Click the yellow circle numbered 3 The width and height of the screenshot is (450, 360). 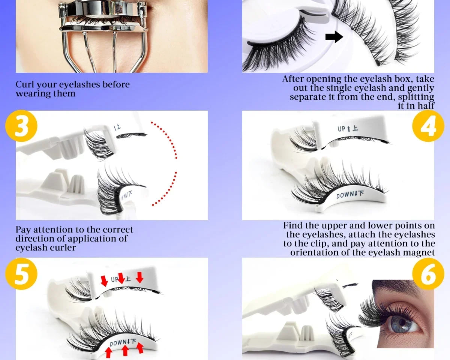pyautogui.click(x=21, y=126)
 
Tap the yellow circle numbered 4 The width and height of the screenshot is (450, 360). pyautogui.click(x=428, y=126)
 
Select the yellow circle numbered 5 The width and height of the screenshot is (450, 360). pyautogui.click(x=21, y=274)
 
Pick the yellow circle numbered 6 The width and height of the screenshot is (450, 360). pyautogui.click(x=428, y=274)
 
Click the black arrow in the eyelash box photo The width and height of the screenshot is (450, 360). pyautogui.click(x=334, y=37)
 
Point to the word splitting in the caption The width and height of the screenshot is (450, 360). pyautogui.click(x=416, y=97)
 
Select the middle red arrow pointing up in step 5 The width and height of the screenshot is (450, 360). pyautogui.click(x=125, y=350)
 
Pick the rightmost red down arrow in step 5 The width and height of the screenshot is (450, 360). pyautogui.click(x=139, y=277)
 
